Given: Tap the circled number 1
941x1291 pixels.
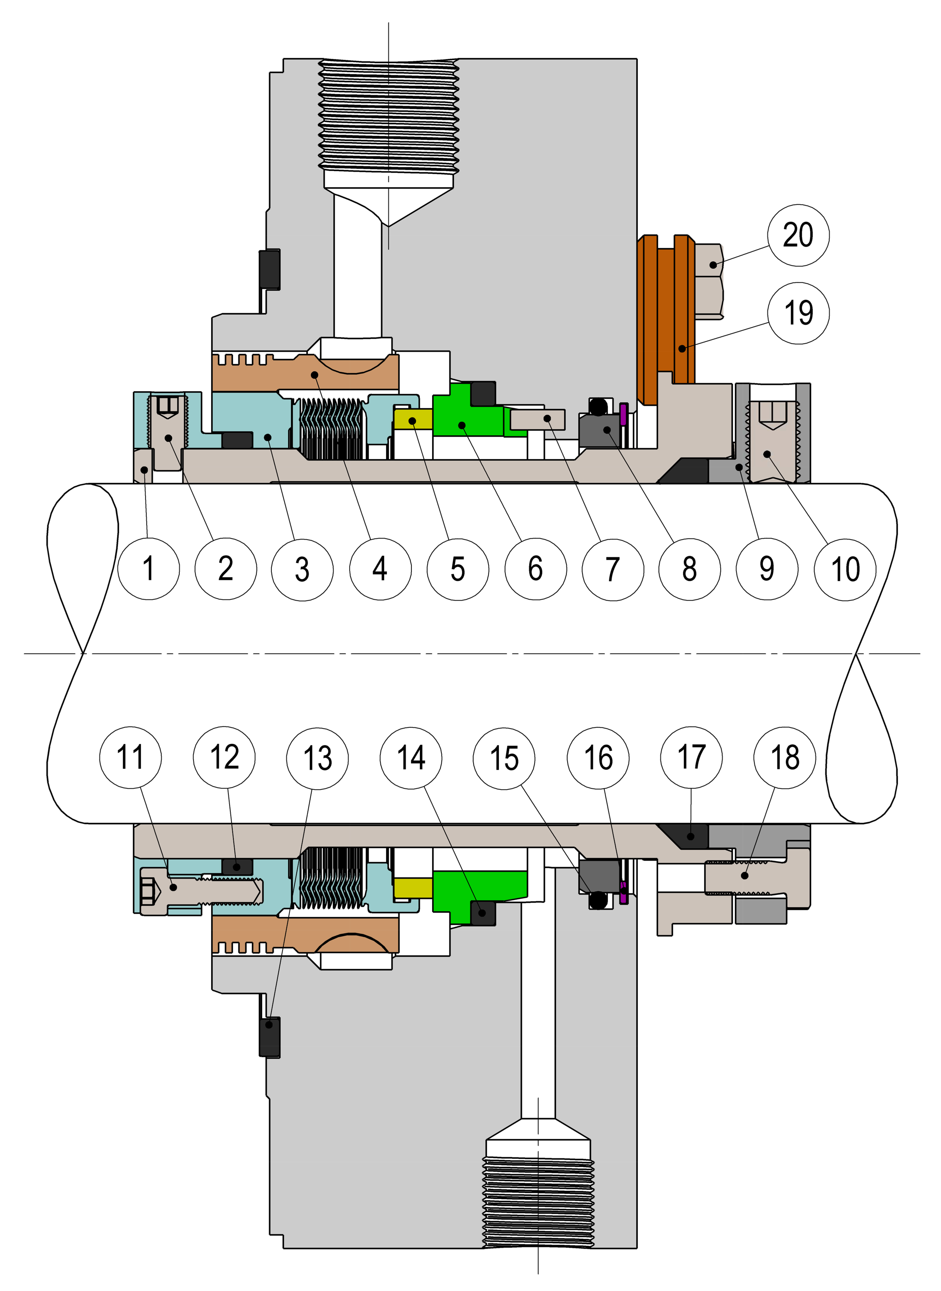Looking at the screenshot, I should coord(148,569).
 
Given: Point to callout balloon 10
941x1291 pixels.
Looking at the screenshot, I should coord(845,569).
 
